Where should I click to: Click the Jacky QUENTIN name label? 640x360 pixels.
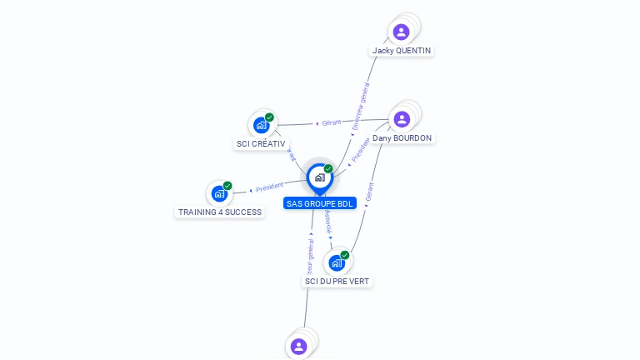(402, 50)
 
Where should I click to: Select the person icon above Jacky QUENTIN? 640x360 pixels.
(402, 32)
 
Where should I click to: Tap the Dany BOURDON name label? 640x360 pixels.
(402, 137)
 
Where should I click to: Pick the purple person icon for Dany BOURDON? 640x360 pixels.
(402, 119)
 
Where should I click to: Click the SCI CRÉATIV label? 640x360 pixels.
(261, 143)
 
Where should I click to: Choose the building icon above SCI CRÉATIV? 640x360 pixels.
(262, 126)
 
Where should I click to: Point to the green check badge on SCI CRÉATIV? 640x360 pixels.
(269, 117)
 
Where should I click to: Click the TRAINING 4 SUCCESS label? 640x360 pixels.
(220, 212)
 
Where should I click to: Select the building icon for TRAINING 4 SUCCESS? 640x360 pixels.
(219, 194)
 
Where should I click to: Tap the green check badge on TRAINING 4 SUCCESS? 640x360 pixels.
(227, 186)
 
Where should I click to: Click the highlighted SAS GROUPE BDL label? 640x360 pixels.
(320, 203)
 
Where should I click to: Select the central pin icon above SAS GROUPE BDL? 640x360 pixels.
(319, 177)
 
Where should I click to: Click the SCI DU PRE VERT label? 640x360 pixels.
(337, 281)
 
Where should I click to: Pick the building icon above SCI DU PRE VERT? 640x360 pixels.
(337, 263)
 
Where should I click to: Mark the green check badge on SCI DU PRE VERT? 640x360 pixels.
(345, 255)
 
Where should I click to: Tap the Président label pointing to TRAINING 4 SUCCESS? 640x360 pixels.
(269, 187)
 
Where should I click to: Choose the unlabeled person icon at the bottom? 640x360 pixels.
(299, 346)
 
